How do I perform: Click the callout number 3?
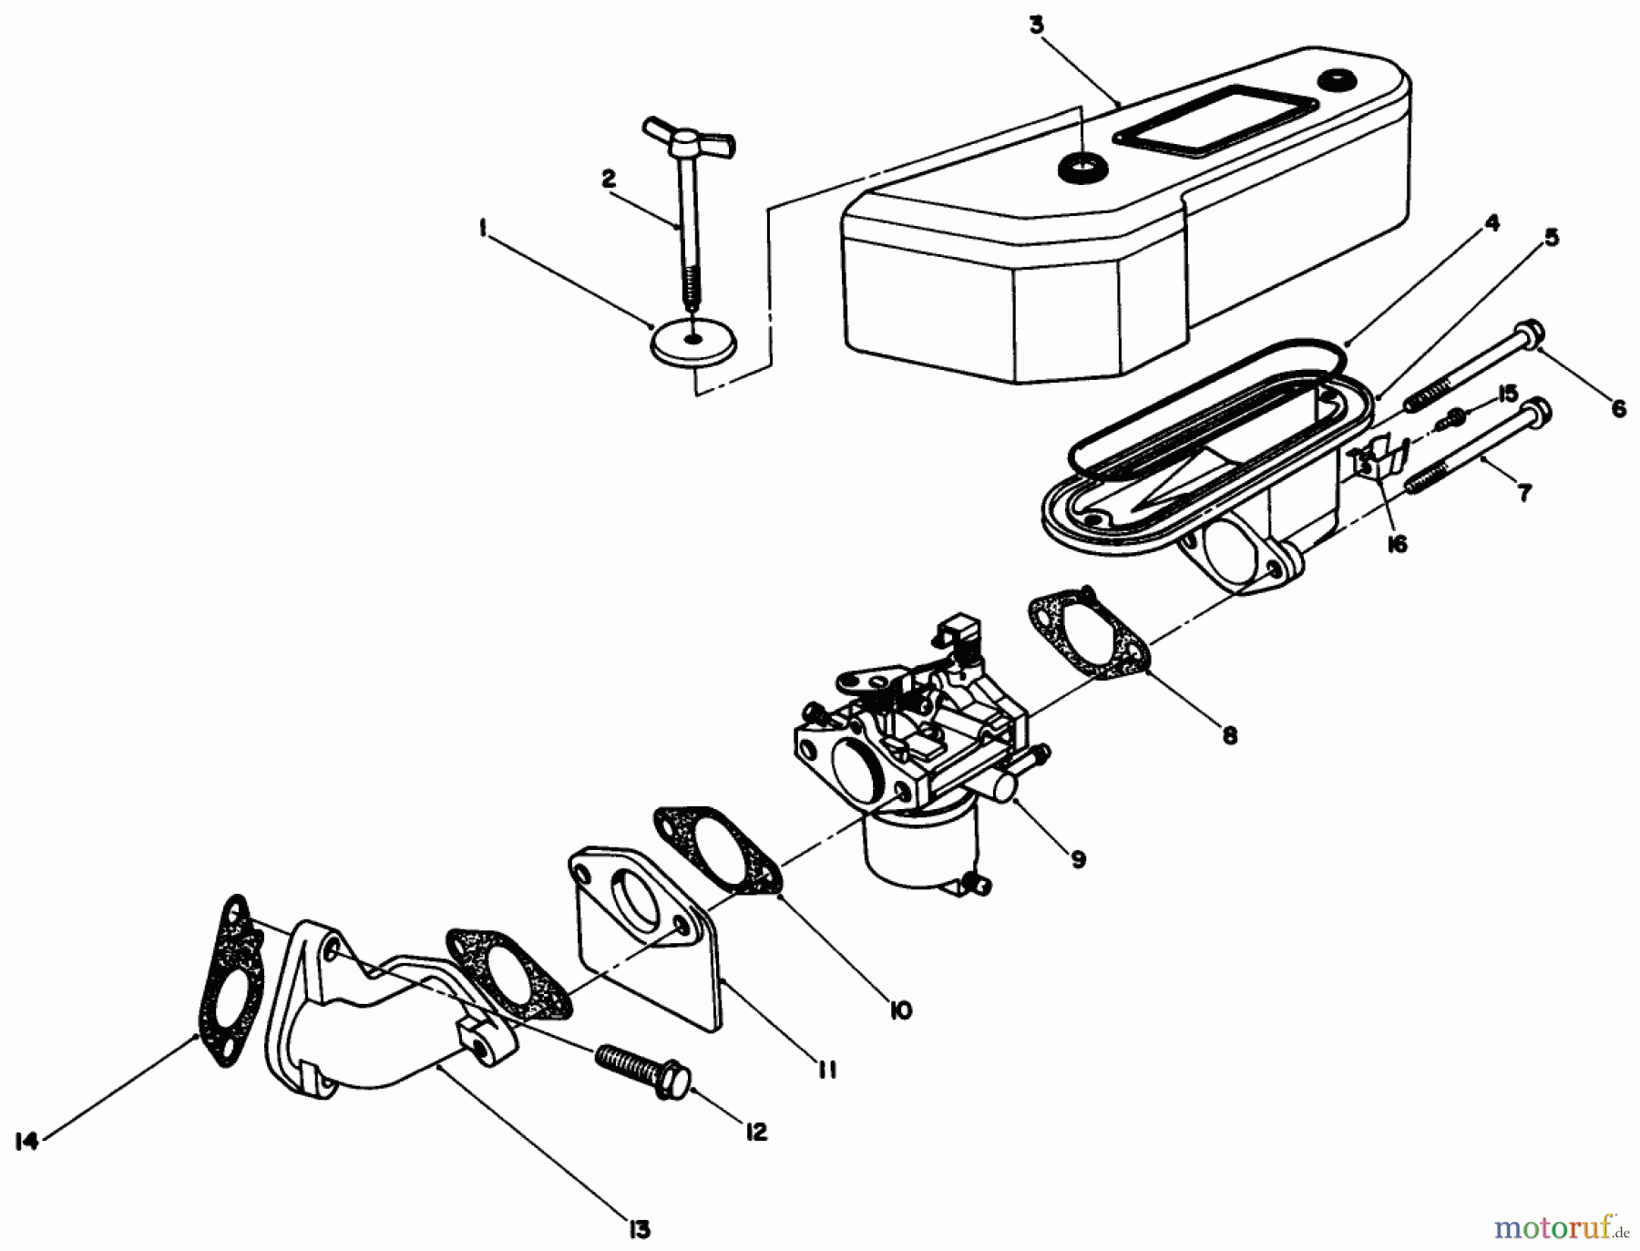[x=1036, y=25]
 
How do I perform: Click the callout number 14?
[x=27, y=1141]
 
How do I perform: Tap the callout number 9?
[x=1078, y=859]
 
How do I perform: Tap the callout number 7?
[x=1523, y=493]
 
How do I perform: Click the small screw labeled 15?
[x=1454, y=419]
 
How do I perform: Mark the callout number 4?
[x=1491, y=223]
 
